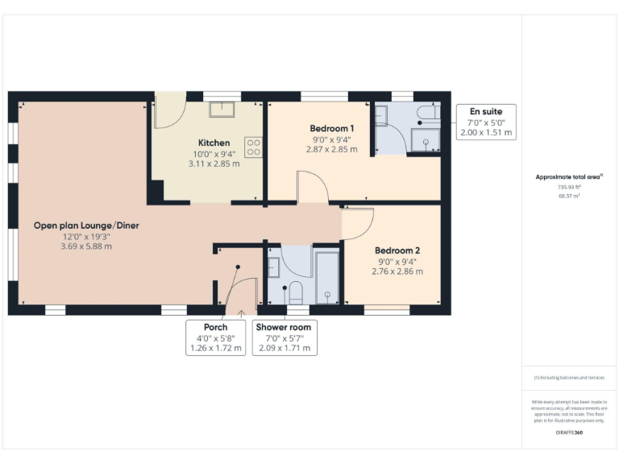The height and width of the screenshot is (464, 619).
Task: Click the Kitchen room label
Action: click(x=214, y=143)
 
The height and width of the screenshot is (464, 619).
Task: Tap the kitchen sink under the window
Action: click(x=221, y=110)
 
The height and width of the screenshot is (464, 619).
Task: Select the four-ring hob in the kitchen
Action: click(x=253, y=146)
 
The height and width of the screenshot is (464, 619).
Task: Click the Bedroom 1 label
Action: click(x=332, y=128)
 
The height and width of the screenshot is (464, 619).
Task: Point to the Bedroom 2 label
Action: click(x=397, y=251)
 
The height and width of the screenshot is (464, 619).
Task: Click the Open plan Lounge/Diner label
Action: click(x=85, y=226)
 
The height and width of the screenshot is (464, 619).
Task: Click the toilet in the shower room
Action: click(x=295, y=292)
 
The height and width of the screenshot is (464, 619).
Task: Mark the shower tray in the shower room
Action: click(x=327, y=278)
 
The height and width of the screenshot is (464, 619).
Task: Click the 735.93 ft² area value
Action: click(x=569, y=187)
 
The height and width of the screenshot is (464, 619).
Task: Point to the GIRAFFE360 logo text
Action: click(x=569, y=433)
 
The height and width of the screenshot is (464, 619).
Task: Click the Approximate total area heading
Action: click(x=569, y=176)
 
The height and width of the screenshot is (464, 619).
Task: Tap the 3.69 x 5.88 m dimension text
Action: click(x=85, y=246)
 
